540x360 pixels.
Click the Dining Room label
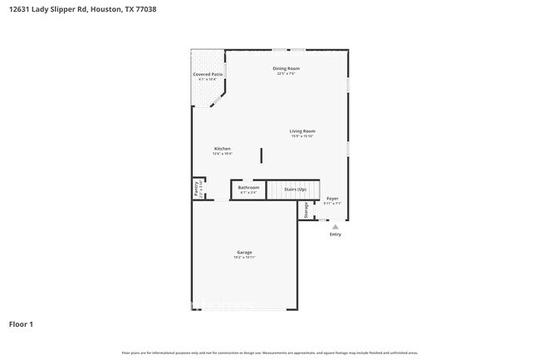(286, 68)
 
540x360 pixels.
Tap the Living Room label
(302, 131)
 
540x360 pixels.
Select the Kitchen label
(222, 149)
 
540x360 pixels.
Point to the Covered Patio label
(208, 75)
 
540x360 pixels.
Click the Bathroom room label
(248, 187)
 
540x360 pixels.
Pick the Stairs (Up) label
(296, 190)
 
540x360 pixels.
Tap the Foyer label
(331, 198)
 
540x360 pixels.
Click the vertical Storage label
(306, 210)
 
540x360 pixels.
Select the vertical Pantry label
(197, 189)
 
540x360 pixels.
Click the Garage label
(244, 252)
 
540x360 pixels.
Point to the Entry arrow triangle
(335, 226)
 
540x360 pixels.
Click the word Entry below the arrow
(335, 234)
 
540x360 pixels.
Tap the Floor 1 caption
(22, 323)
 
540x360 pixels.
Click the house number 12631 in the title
(22, 9)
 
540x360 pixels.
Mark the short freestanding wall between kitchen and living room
(262, 155)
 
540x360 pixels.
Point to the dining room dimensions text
(286, 74)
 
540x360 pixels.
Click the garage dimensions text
(244, 258)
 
